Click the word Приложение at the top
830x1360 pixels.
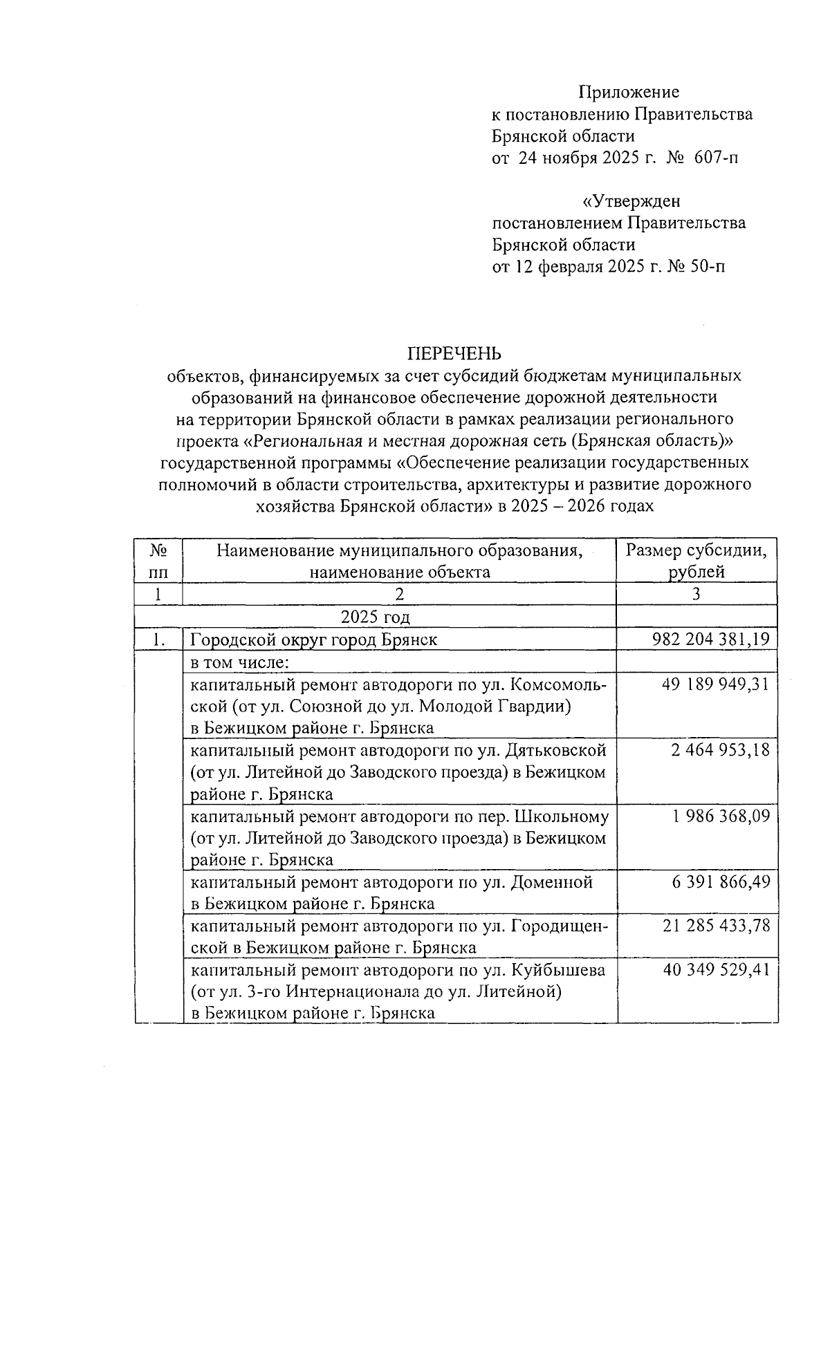click(629, 93)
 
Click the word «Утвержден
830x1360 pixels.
click(631, 202)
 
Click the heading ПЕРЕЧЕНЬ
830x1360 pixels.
click(454, 353)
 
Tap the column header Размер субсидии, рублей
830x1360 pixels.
click(697, 561)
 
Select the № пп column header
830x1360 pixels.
click(158, 561)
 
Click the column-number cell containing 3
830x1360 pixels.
click(697, 594)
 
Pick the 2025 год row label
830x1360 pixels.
click(376, 617)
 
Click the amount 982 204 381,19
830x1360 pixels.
click(710, 640)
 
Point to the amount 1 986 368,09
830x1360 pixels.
click(720, 817)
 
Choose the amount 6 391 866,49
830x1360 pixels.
click(720, 882)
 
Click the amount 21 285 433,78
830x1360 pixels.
click(716, 926)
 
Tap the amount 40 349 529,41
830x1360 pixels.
click(716, 970)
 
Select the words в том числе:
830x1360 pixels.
click(239, 662)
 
